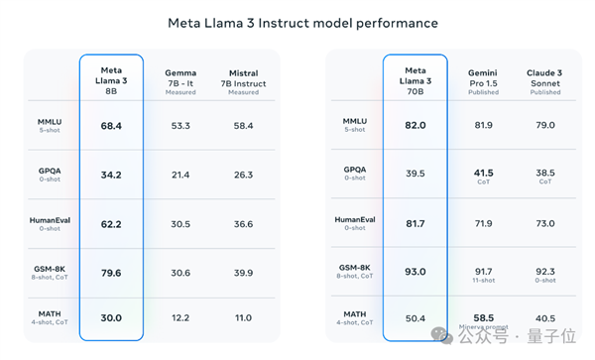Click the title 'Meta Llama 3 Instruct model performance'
pyautogui.click(x=297, y=22)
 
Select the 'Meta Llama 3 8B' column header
pyautogui.click(x=111, y=79)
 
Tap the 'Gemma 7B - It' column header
pyautogui.click(x=179, y=80)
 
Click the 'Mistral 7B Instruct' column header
pyautogui.click(x=243, y=80)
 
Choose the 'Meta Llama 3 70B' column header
pyautogui.click(x=415, y=79)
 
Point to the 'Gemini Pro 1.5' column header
pyautogui.click(x=483, y=78)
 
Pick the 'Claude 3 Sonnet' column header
pyautogui.click(x=545, y=78)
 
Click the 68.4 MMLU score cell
pyautogui.click(x=111, y=126)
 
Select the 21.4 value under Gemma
pyautogui.click(x=179, y=175)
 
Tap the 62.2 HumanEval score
pyautogui.click(x=111, y=223)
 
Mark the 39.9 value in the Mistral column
pyautogui.click(x=243, y=272)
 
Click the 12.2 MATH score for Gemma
pyautogui.click(x=179, y=318)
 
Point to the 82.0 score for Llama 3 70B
pyautogui.click(x=415, y=126)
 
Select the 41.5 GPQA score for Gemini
pyautogui.click(x=483, y=173)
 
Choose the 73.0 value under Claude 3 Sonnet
pyautogui.click(x=545, y=223)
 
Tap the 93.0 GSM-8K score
pyautogui.click(x=415, y=271)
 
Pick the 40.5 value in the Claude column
pyautogui.click(x=545, y=318)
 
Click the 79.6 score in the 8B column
pyautogui.click(x=111, y=272)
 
